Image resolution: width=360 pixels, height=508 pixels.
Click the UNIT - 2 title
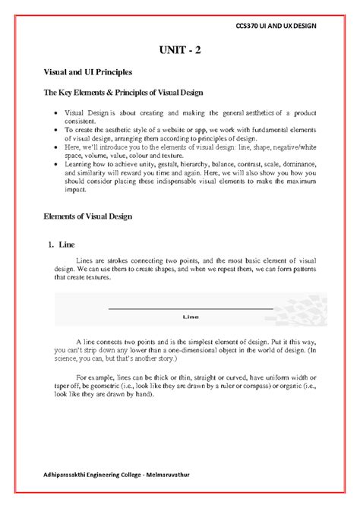tap(180, 51)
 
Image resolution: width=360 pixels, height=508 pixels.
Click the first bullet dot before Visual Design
tap(56, 112)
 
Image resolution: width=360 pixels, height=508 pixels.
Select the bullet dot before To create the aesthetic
tap(56, 131)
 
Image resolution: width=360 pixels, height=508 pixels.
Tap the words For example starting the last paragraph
tap(99, 377)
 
